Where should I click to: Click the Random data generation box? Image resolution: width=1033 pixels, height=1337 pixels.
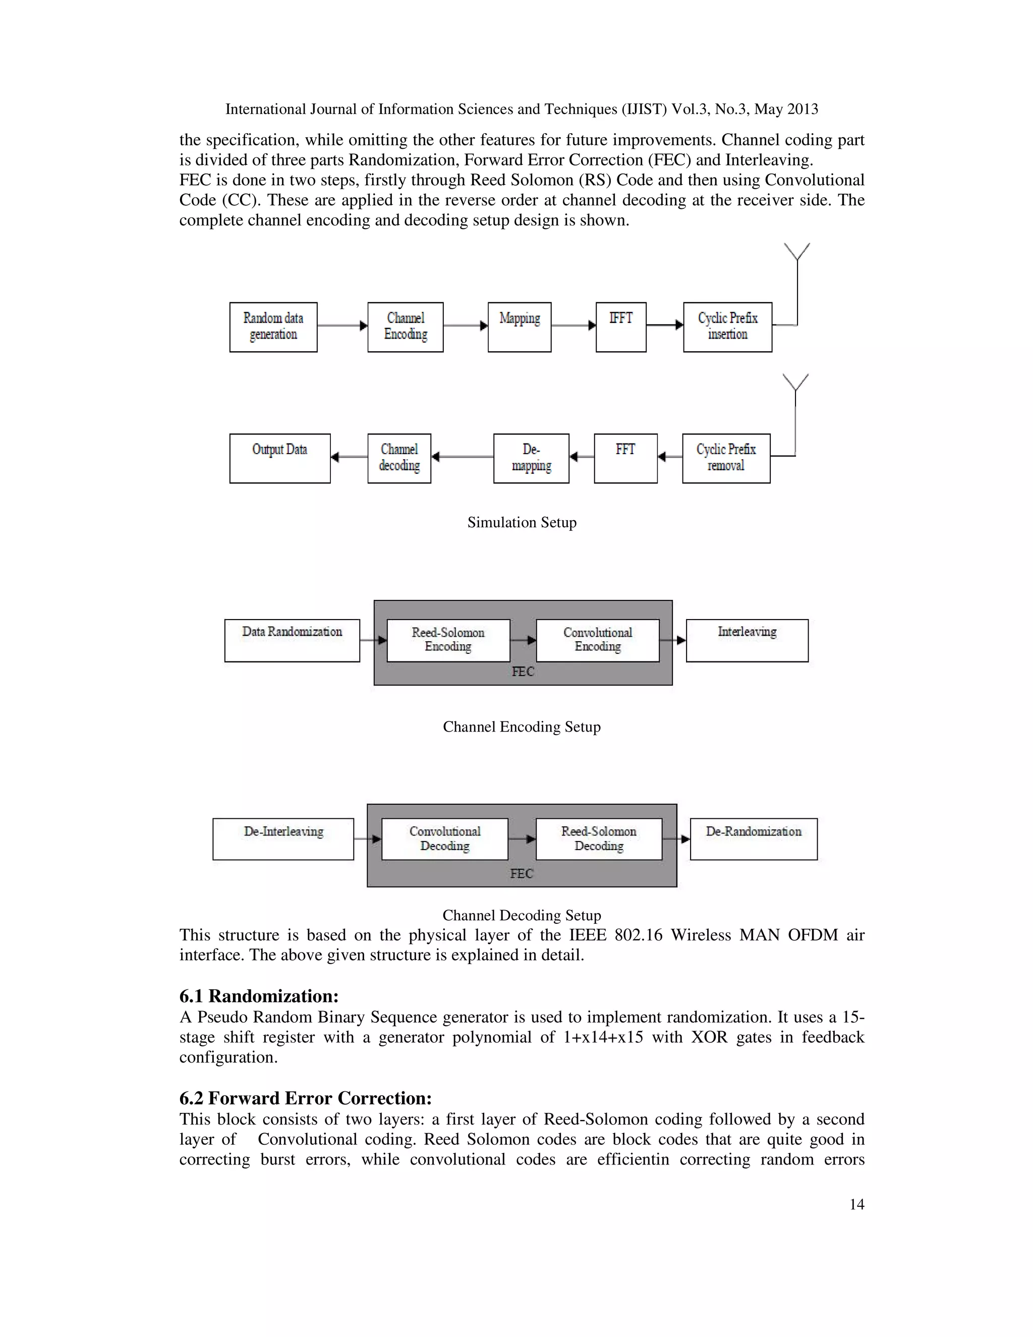tap(273, 327)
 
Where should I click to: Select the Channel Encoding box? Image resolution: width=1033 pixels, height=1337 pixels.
tap(405, 327)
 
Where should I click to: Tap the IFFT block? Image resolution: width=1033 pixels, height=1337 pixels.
tap(620, 327)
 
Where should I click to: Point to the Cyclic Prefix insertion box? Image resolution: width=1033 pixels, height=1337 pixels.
tap(727, 327)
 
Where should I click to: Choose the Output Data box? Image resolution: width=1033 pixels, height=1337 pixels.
tap(279, 459)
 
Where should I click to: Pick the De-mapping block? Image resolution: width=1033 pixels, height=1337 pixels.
tap(531, 459)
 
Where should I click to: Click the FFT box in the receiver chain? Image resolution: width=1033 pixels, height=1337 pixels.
tap(625, 459)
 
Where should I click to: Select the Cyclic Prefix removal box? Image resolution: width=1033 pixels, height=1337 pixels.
tap(726, 459)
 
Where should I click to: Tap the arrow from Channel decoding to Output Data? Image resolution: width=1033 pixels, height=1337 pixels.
tap(349, 457)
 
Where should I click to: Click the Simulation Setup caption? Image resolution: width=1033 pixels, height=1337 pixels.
tap(522, 522)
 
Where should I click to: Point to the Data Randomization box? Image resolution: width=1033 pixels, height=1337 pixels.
tap(292, 640)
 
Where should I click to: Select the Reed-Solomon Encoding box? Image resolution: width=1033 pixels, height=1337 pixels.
tap(448, 640)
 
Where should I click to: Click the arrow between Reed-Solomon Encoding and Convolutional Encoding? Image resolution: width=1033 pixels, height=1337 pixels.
tap(523, 640)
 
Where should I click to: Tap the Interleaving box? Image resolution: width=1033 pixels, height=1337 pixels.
tap(747, 640)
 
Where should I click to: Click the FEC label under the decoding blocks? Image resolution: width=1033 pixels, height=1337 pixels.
tap(522, 873)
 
